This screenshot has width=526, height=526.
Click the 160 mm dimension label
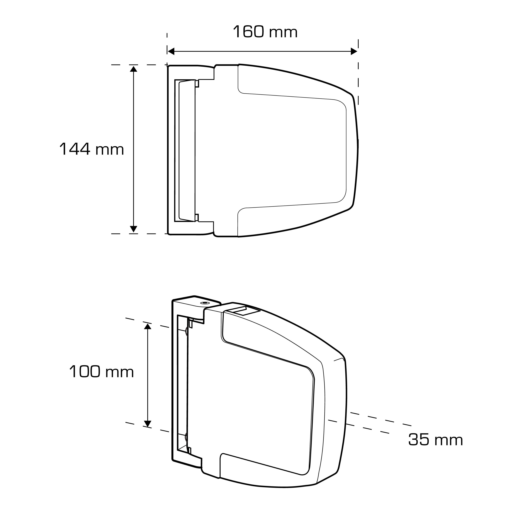tap(265, 32)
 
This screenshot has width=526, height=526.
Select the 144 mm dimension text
tap(92, 149)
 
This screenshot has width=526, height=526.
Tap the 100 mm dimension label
tap(102, 372)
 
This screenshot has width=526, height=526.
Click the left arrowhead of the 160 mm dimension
tap(171, 51)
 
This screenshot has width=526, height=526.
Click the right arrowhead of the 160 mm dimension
tap(354, 51)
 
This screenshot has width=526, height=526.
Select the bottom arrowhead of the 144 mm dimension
tap(133, 229)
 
